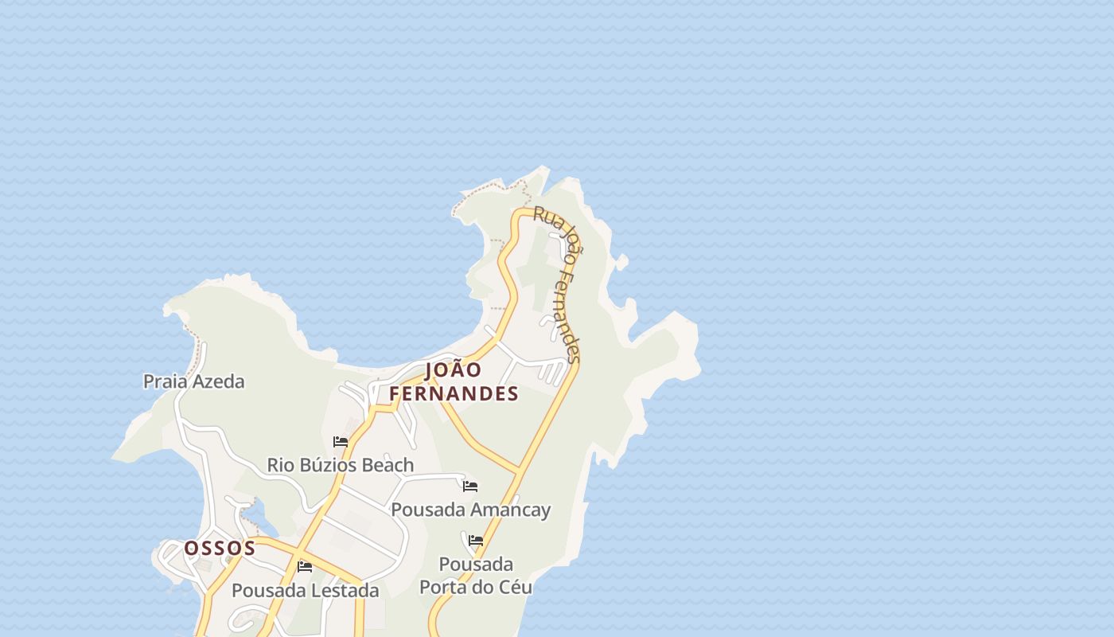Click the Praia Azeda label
click(x=193, y=381)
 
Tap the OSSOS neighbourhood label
click(x=220, y=548)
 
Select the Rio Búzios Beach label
click(x=340, y=464)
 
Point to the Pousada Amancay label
click(x=470, y=510)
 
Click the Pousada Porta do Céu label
click(x=476, y=576)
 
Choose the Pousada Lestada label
click(x=305, y=591)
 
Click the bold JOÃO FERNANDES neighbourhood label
click(x=454, y=381)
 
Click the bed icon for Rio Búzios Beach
click(x=341, y=442)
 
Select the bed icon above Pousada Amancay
click(x=470, y=486)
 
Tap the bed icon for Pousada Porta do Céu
click(x=476, y=540)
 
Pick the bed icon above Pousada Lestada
click(x=305, y=567)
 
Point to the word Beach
click(x=384, y=464)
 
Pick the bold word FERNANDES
click(x=454, y=393)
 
